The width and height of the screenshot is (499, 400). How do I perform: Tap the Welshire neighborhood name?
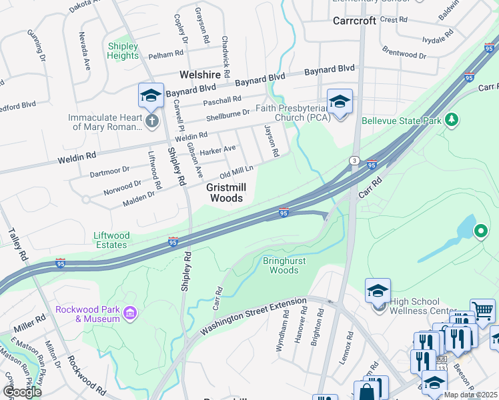tap(198, 75)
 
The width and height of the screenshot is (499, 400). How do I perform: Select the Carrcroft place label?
tap(354, 21)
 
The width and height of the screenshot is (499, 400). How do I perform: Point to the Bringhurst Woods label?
tap(284, 265)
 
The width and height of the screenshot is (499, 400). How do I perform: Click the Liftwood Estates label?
tap(111, 240)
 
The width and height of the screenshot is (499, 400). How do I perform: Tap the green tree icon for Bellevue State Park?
tap(452, 120)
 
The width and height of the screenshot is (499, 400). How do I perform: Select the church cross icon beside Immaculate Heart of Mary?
tap(152, 121)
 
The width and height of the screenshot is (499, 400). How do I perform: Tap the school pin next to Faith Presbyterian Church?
tap(340, 102)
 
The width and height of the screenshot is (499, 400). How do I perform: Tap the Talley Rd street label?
tap(19, 245)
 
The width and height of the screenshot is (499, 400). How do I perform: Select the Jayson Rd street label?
tap(272, 141)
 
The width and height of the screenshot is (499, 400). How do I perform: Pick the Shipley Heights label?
tap(123, 51)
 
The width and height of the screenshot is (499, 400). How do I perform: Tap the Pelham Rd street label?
tap(167, 53)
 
